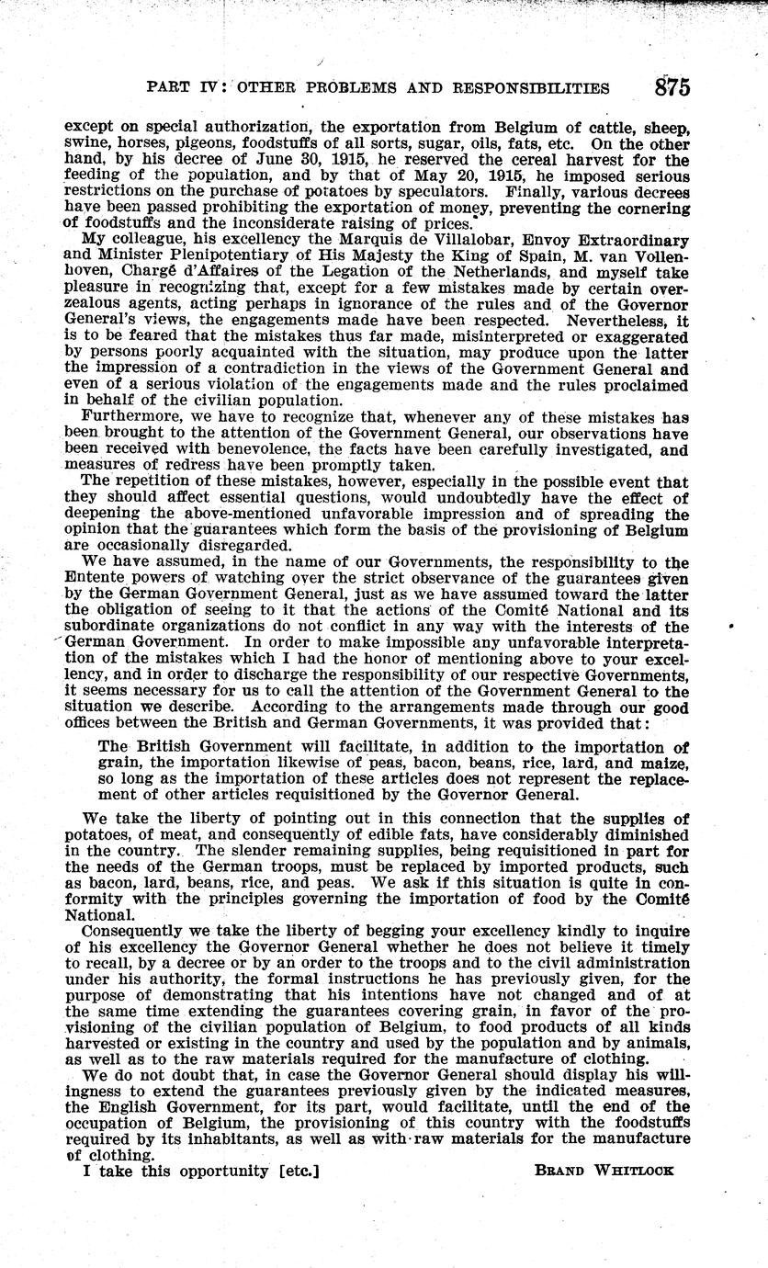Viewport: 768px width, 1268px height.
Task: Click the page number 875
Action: click(672, 87)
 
